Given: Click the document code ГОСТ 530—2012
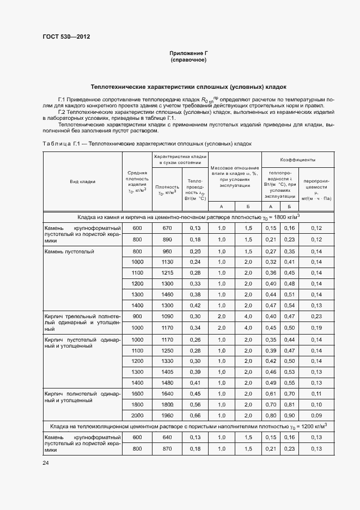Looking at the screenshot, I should click(66, 37).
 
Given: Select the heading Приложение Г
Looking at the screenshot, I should click(188, 53).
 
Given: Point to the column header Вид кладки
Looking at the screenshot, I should click(82, 181).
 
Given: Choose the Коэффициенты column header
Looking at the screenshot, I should click(298, 160).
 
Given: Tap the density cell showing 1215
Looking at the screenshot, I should click(167, 272).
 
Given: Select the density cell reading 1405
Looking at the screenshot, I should click(167, 372).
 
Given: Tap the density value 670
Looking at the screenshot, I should click(167, 228).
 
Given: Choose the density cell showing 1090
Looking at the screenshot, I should click(167, 317).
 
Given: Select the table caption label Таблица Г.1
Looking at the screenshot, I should click(62, 143).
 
